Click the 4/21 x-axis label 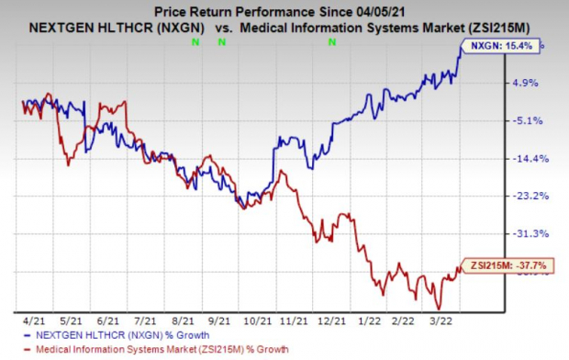(38, 321)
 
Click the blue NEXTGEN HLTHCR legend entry (102, 336)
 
